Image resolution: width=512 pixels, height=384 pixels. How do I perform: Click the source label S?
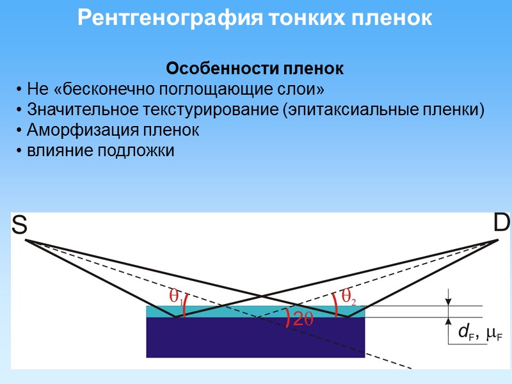19,225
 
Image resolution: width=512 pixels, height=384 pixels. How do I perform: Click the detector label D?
502,223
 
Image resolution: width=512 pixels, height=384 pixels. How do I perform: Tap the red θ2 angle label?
348,296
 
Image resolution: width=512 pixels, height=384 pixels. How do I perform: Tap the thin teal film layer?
255,312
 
